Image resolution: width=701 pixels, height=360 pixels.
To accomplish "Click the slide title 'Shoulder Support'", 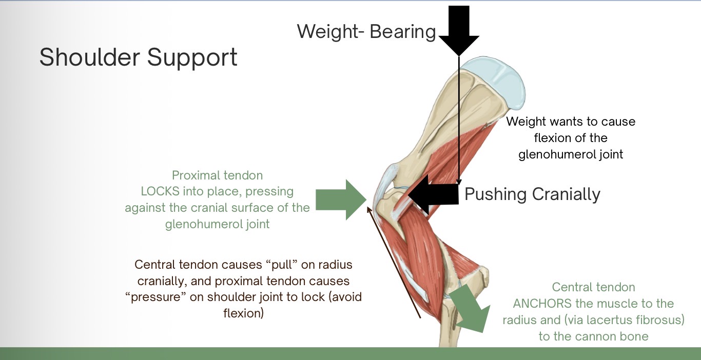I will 138,57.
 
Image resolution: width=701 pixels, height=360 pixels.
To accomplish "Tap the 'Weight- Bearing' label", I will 366,32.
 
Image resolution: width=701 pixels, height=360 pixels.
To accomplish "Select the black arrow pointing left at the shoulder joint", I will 434,194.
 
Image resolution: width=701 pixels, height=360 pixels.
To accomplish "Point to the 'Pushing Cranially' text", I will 532,194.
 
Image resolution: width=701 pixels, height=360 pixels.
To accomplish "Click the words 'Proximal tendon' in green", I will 217,175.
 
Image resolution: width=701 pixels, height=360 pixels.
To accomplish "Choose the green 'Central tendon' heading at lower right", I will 593,287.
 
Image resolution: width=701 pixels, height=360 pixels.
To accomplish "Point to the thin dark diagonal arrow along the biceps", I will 394,262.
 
